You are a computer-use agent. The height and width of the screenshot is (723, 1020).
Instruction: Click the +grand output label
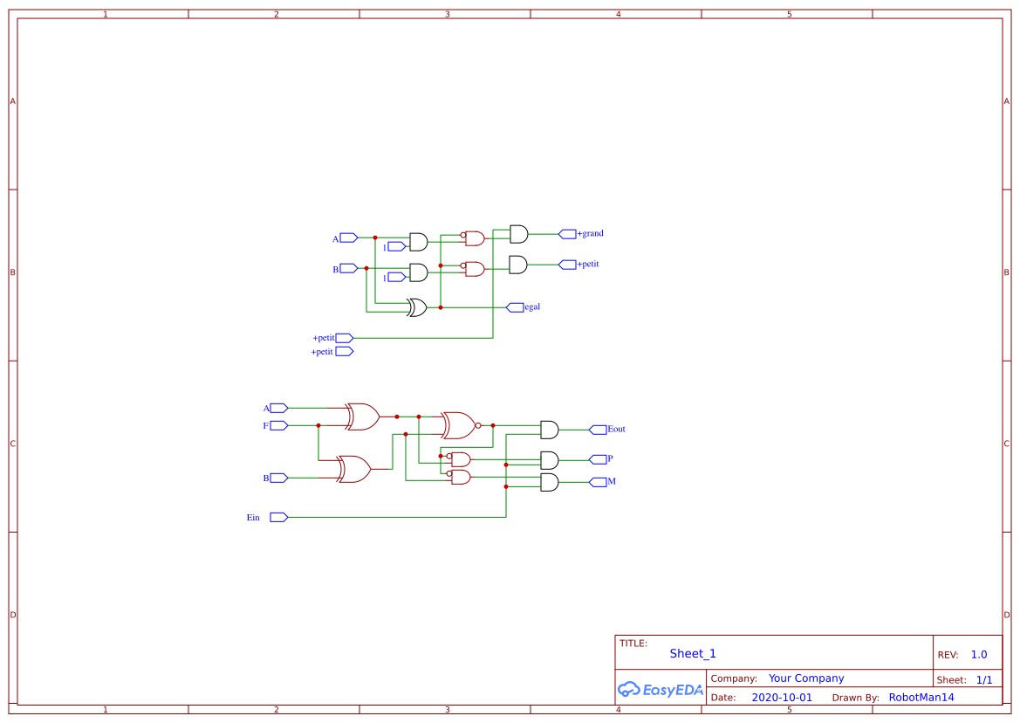[590, 234]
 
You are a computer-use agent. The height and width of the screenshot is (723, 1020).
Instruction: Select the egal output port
[516, 307]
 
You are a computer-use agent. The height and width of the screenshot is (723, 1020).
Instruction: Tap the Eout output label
[616, 430]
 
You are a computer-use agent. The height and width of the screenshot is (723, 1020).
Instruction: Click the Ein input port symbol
[278, 518]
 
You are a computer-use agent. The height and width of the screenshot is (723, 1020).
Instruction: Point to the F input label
[266, 426]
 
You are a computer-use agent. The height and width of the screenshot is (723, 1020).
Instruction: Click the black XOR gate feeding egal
[417, 307]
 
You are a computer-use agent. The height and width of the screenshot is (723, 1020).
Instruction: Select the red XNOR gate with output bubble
[460, 425]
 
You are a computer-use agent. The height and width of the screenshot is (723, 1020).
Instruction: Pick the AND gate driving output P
[550, 460]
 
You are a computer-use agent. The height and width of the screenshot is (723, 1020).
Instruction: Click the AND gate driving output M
[550, 482]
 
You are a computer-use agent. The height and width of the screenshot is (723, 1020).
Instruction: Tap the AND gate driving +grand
[518, 234]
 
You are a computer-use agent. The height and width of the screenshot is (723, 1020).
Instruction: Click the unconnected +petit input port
[344, 352]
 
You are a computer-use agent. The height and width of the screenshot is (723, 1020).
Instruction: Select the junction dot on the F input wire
[318, 426]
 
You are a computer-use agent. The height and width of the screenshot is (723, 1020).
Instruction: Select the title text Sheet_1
[693, 654]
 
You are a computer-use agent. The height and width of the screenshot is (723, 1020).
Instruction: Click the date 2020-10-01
[781, 698]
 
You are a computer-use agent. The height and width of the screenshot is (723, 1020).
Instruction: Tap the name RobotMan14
[921, 698]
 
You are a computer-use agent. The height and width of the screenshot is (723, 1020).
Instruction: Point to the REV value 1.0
[978, 655]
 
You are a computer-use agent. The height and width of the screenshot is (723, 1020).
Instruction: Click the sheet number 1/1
[983, 679]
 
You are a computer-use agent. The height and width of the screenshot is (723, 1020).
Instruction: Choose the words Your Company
[806, 678]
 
